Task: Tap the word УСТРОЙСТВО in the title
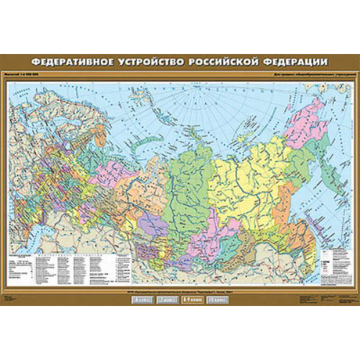[157, 63]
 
